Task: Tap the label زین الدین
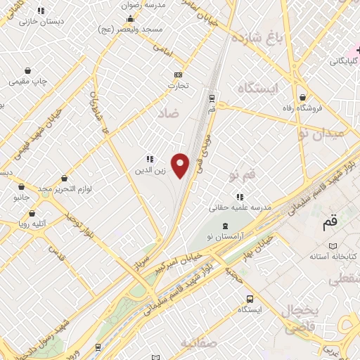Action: click(150, 170)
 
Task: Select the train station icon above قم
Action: click(212, 96)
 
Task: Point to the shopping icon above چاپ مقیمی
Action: click(27, 70)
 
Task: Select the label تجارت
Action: click(179, 86)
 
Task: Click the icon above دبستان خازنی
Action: click(40, 11)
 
